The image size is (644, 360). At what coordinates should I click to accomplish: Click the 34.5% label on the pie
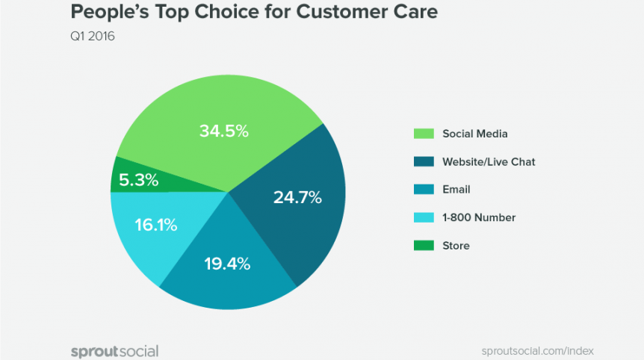click(223, 131)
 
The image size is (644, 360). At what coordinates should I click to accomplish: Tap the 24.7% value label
click(297, 198)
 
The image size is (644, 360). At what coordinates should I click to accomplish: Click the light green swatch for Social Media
click(424, 134)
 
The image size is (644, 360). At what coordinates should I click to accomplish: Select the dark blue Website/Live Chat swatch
click(424, 161)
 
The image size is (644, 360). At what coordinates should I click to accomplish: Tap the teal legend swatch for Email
click(424, 190)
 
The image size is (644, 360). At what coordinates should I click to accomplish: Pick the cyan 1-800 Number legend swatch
click(424, 217)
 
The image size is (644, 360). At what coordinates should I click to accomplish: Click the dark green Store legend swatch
click(424, 245)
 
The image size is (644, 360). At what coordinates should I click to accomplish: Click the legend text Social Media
click(474, 134)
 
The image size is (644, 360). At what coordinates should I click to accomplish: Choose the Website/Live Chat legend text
click(489, 161)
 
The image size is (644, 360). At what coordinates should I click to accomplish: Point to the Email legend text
click(456, 190)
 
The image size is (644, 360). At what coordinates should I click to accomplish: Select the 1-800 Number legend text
click(479, 217)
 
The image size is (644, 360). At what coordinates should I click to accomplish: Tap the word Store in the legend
click(456, 245)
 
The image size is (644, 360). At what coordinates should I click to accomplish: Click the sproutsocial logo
click(114, 350)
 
